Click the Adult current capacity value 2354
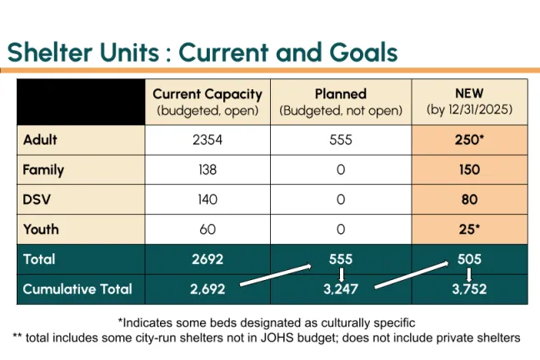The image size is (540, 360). (x=207, y=140)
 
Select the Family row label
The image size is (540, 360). (x=43, y=170)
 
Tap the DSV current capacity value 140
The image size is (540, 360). (x=207, y=199)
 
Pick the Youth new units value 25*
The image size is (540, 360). (x=469, y=229)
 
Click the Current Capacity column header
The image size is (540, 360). (x=207, y=102)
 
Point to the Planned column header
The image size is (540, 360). (x=341, y=102)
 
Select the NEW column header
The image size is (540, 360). (x=469, y=102)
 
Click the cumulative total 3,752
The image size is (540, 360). (x=469, y=289)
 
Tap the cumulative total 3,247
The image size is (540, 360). (x=341, y=289)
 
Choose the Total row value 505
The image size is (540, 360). (x=469, y=259)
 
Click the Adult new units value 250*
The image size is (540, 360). (x=469, y=140)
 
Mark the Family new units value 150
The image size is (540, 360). (x=469, y=170)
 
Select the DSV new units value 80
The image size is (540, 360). (x=469, y=199)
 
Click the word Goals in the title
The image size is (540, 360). (x=363, y=52)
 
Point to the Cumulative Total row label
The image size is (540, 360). (x=77, y=289)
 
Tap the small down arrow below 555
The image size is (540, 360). (x=341, y=274)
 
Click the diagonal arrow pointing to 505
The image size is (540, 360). (x=412, y=274)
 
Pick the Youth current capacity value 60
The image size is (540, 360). (x=207, y=229)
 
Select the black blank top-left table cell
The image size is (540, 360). (x=81, y=102)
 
